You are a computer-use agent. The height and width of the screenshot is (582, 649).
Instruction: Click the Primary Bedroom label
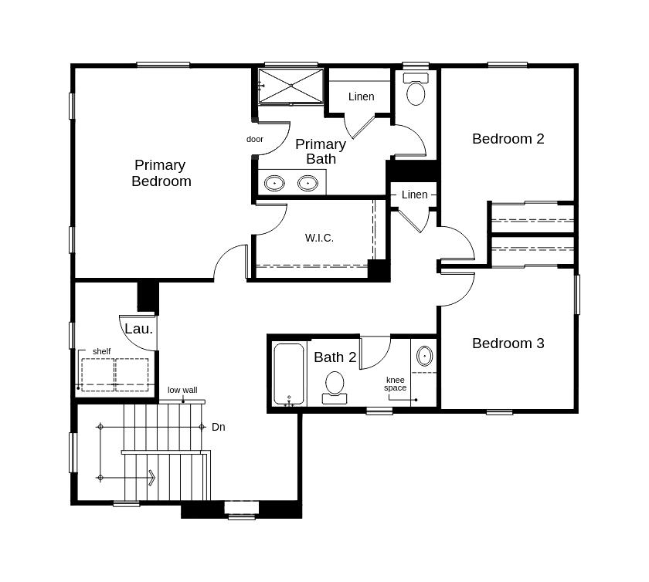[x=161, y=173]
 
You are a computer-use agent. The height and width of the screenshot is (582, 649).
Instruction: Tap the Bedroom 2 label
[x=508, y=139]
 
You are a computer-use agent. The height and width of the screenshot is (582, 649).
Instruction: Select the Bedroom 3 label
[x=508, y=343]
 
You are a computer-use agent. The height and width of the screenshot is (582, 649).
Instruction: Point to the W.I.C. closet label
[x=319, y=238]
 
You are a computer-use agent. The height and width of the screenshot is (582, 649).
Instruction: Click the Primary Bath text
[x=321, y=151]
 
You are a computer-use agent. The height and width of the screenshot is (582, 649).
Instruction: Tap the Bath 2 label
[x=335, y=357]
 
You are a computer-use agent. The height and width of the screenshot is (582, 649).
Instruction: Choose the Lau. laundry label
[x=138, y=329]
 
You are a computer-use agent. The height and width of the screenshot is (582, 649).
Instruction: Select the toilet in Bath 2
[x=335, y=385]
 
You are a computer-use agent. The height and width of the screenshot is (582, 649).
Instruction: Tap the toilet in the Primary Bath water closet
[x=416, y=90]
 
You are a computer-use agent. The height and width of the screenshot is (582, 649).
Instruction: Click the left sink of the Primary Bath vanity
[x=274, y=183]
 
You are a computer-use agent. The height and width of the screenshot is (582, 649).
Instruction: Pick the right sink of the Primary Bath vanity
[x=308, y=183]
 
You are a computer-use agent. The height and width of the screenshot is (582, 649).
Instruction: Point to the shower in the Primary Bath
[x=291, y=86]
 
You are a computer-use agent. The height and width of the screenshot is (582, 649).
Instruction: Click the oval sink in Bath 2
[x=424, y=356]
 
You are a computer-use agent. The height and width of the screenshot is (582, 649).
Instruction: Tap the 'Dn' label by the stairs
[x=219, y=427]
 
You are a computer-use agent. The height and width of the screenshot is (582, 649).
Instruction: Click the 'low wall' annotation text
[x=182, y=390]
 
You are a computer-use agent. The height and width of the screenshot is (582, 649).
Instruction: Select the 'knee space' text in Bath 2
[x=396, y=384]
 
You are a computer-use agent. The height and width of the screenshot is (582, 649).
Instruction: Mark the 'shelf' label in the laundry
[x=101, y=351]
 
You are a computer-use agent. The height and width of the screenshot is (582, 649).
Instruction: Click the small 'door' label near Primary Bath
[x=255, y=139]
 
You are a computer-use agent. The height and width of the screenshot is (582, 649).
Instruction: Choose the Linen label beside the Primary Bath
[x=361, y=96]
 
